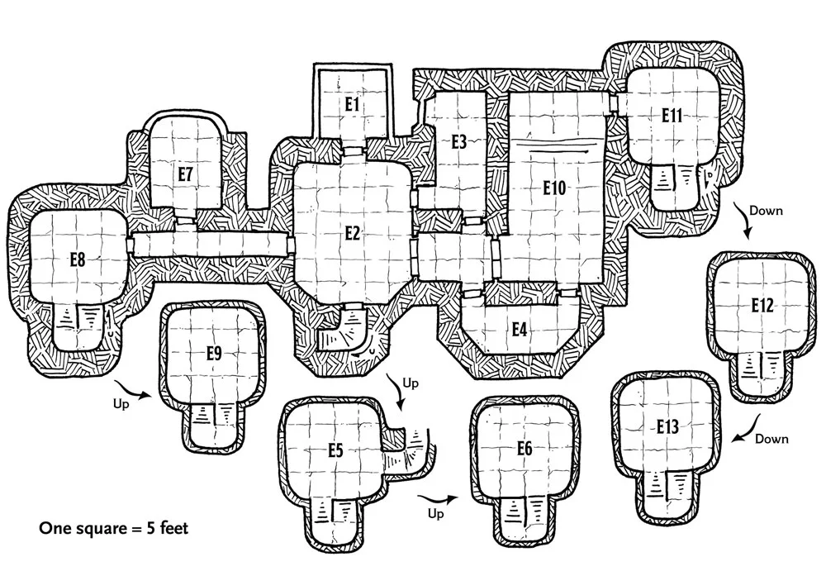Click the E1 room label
coord(353,104)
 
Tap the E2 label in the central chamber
coord(353,233)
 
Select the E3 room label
coord(459,141)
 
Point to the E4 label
coord(519,329)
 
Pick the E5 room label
coord(335,451)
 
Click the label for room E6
coord(525,449)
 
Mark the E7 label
coord(185,174)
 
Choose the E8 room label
coord(79,259)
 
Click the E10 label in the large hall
coord(554,188)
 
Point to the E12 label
coord(762,306)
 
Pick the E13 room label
coord(668,427)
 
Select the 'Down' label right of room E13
coord(771,439)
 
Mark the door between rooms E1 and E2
coord(353,150)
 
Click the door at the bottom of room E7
coord(185,221)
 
